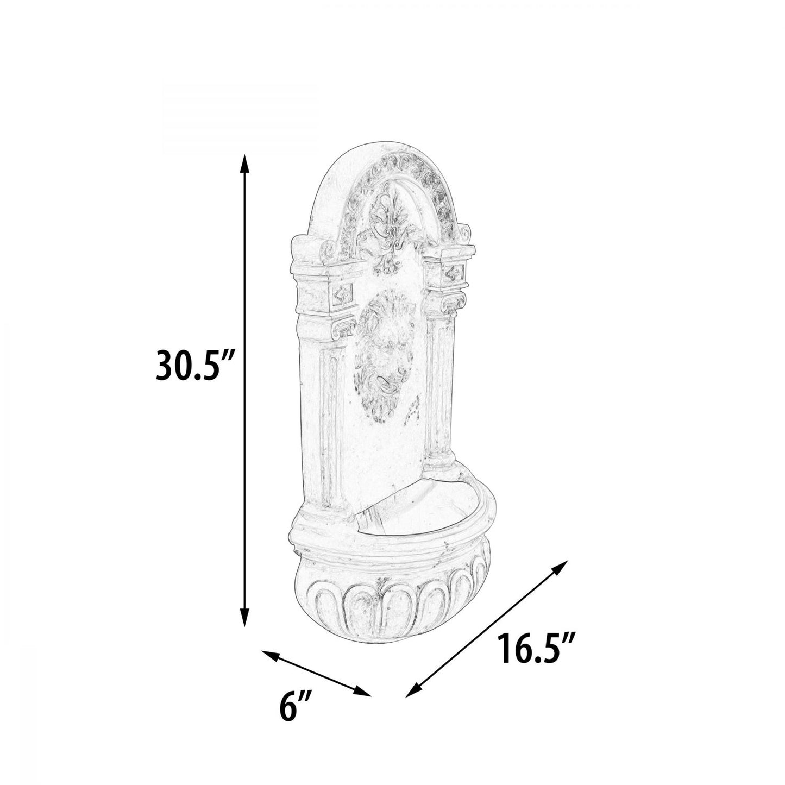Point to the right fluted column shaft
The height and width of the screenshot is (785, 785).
(x=440, y=397)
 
